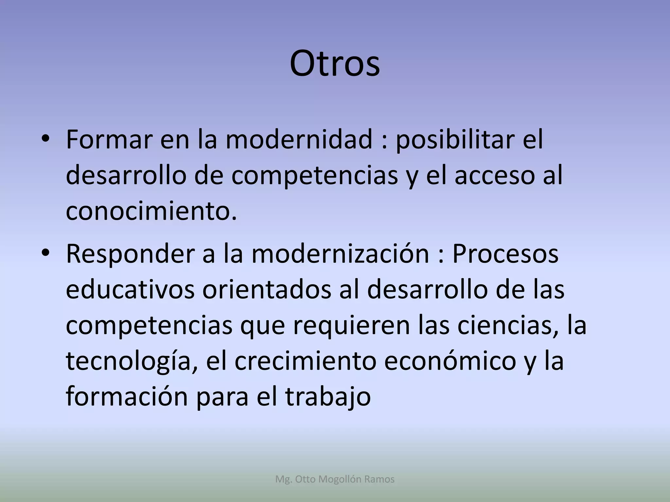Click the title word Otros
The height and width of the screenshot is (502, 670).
pyautogui.click(x=335, y=64)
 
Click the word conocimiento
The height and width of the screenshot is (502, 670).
pyautogui.click(x=151, y=211)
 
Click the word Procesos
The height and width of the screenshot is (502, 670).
pyautogui.click(x=505, y=255)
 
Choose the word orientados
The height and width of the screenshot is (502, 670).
pyautogui.click(x=267, y=290)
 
